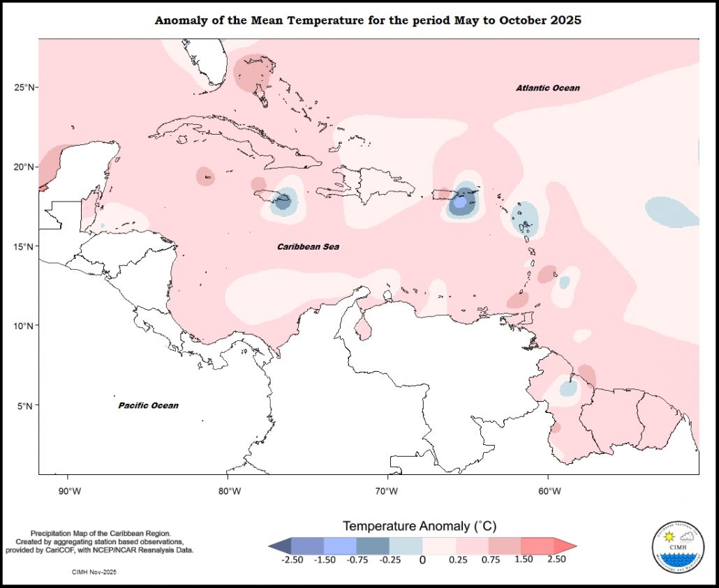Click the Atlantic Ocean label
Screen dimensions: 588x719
(547, 88)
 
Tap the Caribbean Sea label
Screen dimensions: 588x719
(308, 247)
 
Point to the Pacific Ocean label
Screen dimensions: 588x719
(148, 405)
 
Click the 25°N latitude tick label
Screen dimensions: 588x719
(26, 87)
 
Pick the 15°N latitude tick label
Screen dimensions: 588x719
(26, 247)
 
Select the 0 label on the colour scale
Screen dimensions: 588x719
(422, 559)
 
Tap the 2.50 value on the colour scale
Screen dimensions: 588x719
(556, 559)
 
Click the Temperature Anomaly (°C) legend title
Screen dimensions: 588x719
(420, 525)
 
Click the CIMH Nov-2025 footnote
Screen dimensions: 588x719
(94, 572)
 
